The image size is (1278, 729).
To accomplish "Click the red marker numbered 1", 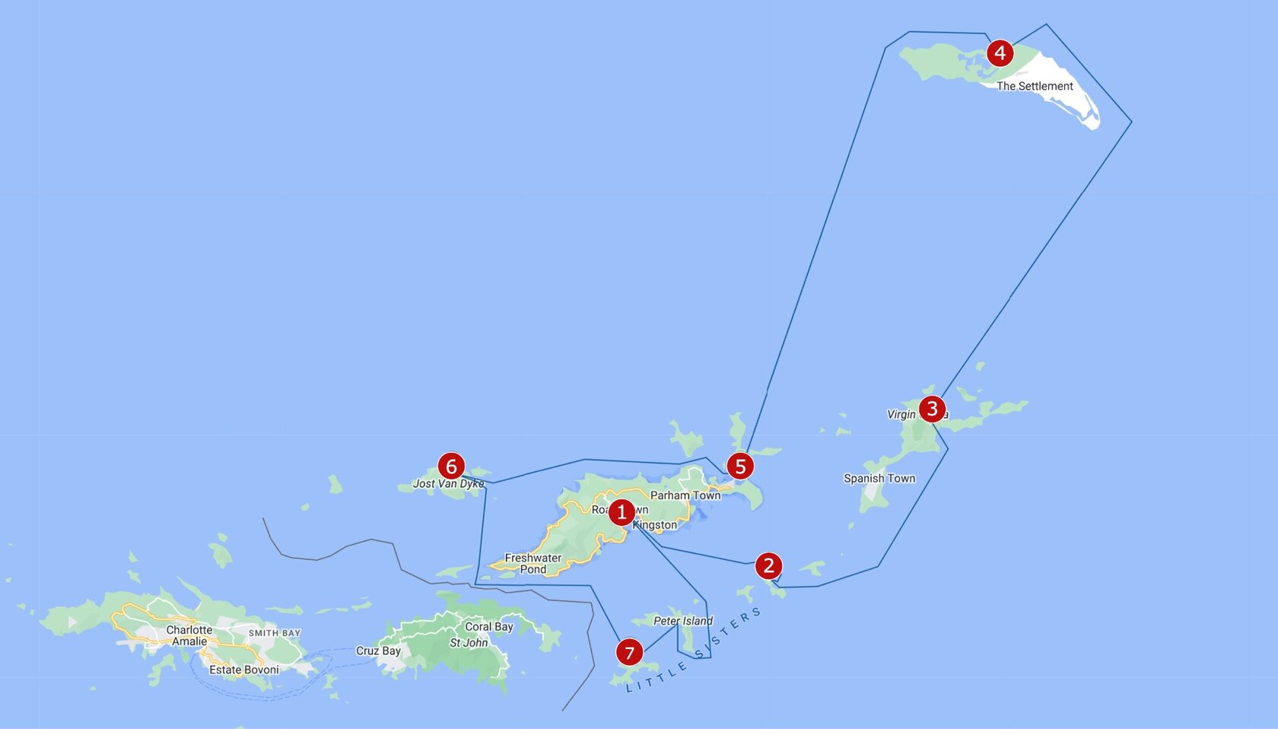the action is tap(622, 512).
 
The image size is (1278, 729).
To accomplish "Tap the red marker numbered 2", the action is tap(768, 565).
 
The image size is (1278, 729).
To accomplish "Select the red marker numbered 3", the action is tap(932, 409).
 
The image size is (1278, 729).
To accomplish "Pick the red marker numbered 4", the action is tap(1000, 53).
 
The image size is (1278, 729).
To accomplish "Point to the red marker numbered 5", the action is tap(740, 466).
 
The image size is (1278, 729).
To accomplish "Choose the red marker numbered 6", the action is tap(451, 466).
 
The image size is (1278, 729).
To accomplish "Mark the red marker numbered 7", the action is tap(629, 652).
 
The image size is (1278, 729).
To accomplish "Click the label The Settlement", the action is tap(1035, 86).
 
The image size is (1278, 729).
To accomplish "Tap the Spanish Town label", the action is tap(879, 479).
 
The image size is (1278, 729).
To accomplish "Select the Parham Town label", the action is tap(685, 495).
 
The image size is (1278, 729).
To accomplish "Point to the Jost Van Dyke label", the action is tap(448, 484).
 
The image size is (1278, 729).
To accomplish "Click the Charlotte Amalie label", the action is tap(189, 635).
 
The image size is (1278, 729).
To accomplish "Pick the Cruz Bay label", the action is tap(378, 651).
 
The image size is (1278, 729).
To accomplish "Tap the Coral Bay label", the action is tap(489, 627).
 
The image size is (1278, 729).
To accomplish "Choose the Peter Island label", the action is tap(683, 621).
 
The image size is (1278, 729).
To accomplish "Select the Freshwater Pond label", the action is tap(533, 563).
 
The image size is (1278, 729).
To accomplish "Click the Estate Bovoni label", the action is tap(244, 670).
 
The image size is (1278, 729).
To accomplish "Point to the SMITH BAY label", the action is tap(275, 633).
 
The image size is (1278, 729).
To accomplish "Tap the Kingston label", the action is tap(655, 525).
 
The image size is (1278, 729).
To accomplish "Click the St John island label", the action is tap(469, 643).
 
